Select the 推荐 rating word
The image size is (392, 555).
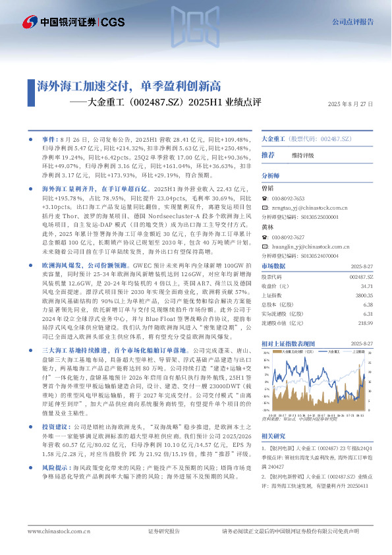coord(268,154)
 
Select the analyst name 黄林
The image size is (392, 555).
coord(267,227)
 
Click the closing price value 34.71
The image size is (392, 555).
coord(366,287)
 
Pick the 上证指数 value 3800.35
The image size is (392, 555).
coord(364,296)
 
